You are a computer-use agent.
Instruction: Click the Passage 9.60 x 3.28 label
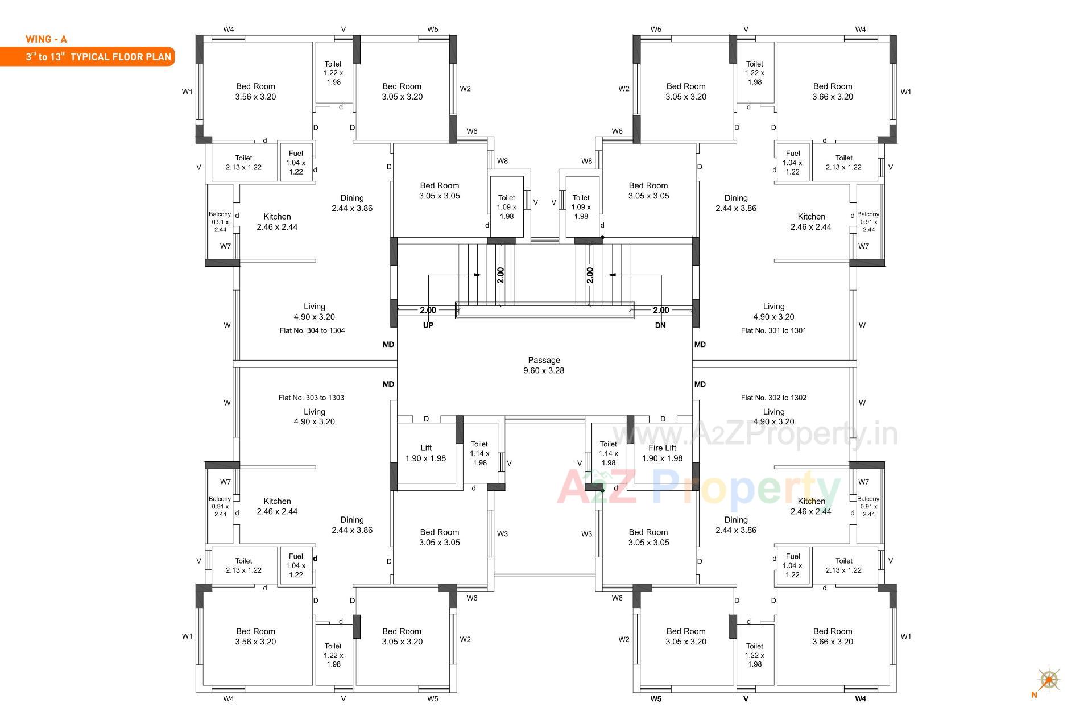pos(544,365)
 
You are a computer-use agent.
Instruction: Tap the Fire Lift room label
pos(662,453)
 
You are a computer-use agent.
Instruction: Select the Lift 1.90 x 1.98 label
pos(425,453)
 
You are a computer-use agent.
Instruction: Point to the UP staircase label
pos(428,325)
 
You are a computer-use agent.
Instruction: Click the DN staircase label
pos(660,325)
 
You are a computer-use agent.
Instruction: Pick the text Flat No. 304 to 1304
pos(312,330)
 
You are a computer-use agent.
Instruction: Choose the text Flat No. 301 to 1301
pos(773,330)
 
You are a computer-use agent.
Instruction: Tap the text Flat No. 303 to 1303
pos(311,398)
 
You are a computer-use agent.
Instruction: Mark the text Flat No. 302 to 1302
pos(773,398)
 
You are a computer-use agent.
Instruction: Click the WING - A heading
pos(46,39)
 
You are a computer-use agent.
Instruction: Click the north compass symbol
pos(1048,680)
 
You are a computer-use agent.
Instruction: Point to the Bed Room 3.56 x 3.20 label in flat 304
pos(255,92)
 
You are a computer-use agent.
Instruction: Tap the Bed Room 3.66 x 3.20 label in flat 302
pos(833,636)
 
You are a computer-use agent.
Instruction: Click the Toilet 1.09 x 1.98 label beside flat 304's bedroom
pos(506,207)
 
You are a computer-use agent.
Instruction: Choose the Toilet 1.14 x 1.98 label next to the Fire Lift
pos(608,453)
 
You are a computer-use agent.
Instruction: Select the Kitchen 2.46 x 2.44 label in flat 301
pos(811,222)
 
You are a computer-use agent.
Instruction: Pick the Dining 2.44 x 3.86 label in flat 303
pos(352,525)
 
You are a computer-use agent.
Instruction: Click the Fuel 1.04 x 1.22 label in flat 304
pos(296,163)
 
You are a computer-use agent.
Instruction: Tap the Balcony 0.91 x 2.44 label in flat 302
pos(868,506)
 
